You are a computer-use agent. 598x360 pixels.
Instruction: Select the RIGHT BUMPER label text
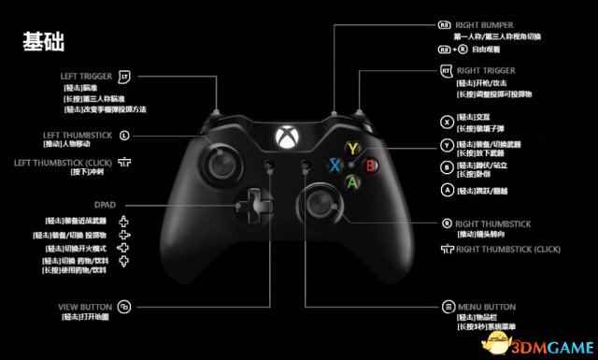tap(488, 24)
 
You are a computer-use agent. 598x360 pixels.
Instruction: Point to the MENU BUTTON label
tap(486, 306)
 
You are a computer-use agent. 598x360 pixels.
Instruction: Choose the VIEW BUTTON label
tap(86, 306)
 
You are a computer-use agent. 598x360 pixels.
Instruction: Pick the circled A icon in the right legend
tap(447, 189)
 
